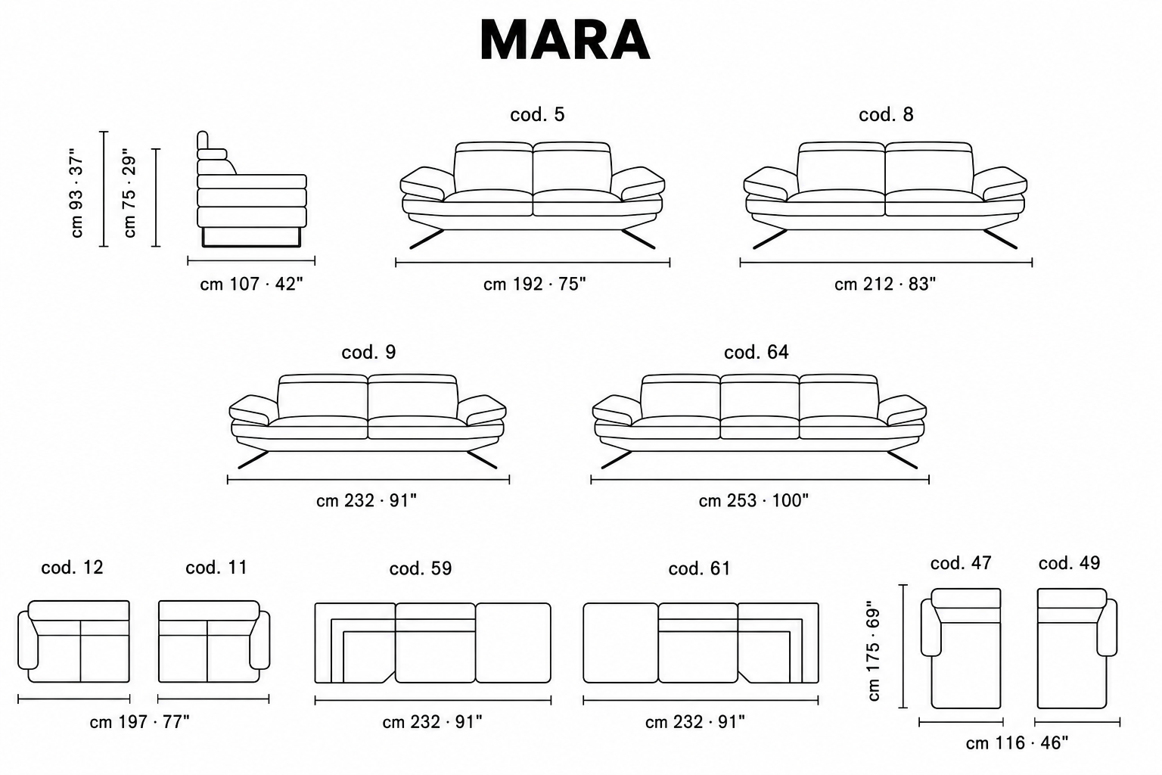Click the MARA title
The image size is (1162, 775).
[x=565, y=40]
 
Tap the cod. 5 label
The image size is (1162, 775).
[x=537, y=115]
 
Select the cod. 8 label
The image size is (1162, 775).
[x=886, y=115]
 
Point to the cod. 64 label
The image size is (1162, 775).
[x=757, y=353]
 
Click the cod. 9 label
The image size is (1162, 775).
[x=368, y=353]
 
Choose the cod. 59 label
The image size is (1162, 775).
[x=420, y=568]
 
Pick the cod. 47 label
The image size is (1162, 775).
[x=961, y=563]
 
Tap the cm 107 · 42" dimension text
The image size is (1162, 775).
[x=251, y=285]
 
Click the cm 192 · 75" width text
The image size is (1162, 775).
[x=534, y=285]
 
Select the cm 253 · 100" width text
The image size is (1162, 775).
[x=753, y=501]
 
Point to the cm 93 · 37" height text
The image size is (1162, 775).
[x=76, y=192]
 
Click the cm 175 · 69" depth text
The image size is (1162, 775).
[x=874, y=651]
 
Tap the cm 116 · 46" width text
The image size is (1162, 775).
[x=1017, y=743]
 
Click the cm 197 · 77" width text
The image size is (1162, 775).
[x=139, y=722]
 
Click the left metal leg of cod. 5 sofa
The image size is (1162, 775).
[x=427, y=239]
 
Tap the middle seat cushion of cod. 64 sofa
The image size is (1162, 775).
[x=760, y=427]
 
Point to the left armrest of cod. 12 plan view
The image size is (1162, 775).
[x=27, y=640]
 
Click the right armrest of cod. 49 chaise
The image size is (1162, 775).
[x=1107, y=627]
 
